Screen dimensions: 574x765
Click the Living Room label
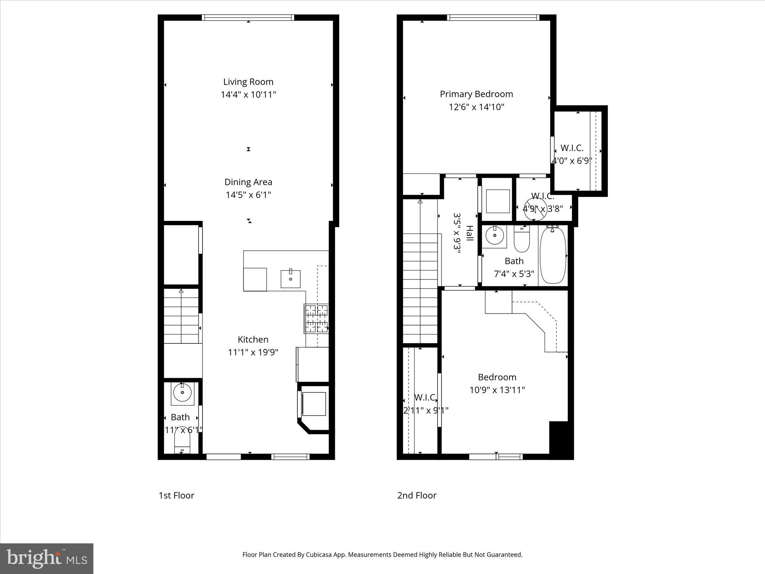tap(248, 82)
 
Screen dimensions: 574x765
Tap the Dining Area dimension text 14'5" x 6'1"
tap(248, 195)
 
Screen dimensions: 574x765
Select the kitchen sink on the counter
tap(290, 279)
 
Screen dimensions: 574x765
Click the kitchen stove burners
tap(316, 319)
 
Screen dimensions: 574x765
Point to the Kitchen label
tap(253, 339)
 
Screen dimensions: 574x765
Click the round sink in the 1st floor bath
tap(182, 393)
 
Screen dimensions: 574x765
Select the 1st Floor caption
tap(176, 496)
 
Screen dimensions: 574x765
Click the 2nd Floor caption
tap(416, 496)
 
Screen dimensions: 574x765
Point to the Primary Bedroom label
tap(476, 94)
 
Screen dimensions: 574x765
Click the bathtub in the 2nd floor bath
tap(553, 256)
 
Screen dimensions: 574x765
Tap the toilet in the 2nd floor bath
tap(522, 239)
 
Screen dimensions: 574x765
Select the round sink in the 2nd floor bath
tap(495, 235)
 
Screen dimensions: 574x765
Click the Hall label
tap(470, 233)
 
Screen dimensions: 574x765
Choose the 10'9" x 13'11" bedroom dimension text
tap(497, 390)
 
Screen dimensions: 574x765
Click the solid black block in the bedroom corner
tap(561, 440)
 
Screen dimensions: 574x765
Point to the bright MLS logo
tap(47, 559)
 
